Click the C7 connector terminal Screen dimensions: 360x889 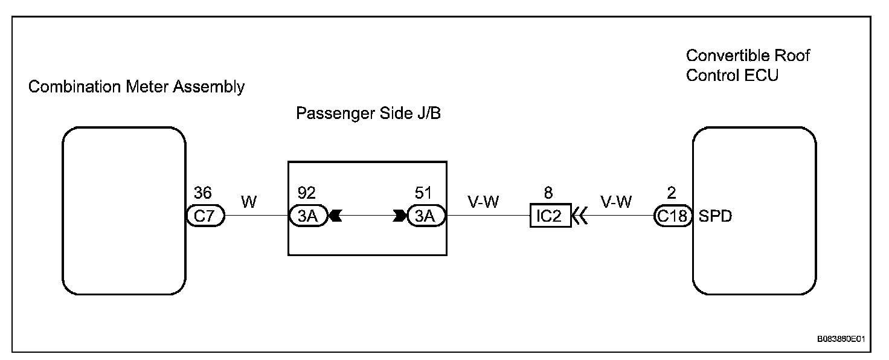[205, 216]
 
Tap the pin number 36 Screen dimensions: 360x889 [202, 193]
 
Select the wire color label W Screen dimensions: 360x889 [249, 202]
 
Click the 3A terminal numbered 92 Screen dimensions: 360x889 [307, 216]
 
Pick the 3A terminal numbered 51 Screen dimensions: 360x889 [426, 216]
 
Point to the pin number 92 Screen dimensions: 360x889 [307, 193]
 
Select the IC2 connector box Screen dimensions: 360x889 [550, 216]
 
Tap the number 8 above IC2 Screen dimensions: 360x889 [548, 193]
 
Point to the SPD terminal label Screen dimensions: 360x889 [715, 216]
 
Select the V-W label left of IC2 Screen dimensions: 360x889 [484, 202]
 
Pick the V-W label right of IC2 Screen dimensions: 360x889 [616, 202]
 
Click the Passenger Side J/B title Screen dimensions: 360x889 [368, 114]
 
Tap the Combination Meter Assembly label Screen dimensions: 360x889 [136, 87]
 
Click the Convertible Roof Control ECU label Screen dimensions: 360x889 [748, 66]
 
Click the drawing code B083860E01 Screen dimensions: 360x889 [841, 339]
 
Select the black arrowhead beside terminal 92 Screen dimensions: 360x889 [335, 216]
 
